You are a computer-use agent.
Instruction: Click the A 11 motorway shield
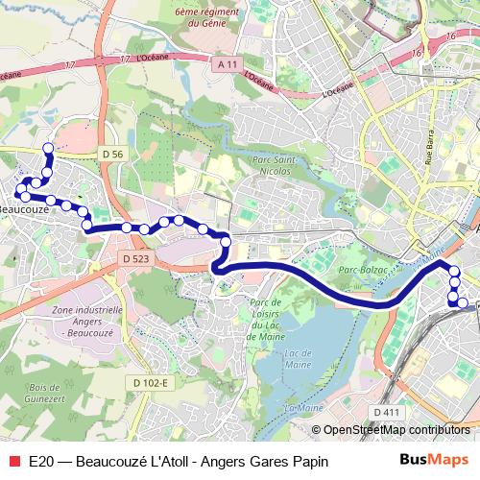227,62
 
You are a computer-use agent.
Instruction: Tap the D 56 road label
112,154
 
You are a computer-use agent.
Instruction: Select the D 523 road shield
136,258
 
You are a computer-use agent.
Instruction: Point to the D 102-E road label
151,383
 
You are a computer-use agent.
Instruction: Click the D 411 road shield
386,413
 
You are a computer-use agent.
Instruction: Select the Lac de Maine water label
302,359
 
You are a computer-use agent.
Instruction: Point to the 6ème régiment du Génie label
207,19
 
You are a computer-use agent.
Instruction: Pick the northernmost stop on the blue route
48,148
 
